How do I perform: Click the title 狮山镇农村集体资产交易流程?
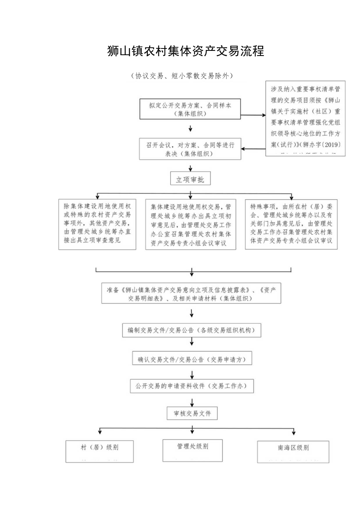185,51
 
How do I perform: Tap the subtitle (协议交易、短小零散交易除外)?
182,76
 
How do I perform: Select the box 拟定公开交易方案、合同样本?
190,109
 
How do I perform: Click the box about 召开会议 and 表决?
190,149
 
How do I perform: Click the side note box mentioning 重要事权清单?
305,119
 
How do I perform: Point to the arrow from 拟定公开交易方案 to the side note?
253,116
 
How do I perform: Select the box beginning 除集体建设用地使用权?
97,225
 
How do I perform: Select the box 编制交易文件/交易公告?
191,330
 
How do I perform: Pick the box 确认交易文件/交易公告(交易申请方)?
192,359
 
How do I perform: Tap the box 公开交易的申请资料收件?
192,386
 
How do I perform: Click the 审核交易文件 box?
192,413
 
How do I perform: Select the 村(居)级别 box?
99,451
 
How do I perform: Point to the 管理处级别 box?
193,450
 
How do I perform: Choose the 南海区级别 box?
293,451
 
